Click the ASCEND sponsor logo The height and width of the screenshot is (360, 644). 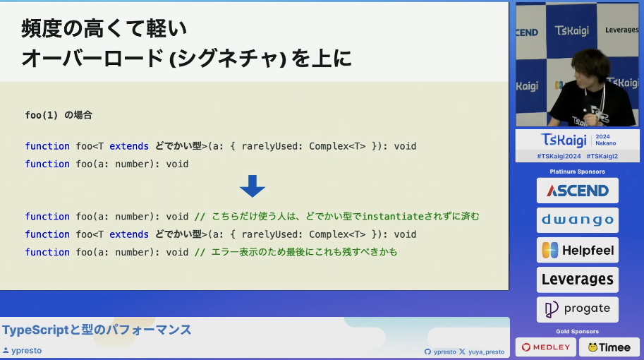point(577,191)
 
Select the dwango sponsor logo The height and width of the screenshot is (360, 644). point(577,220)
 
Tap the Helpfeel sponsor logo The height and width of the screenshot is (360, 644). point(577,250)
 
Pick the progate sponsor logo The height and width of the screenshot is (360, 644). point(577,309)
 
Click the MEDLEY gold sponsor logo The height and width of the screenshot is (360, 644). point(545,347)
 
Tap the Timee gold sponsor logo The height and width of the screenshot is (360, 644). point(609,347)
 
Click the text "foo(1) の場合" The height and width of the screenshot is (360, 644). point(59,114)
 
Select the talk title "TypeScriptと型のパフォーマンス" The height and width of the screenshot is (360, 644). point(97,330)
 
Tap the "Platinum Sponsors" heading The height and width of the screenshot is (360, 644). point(577,172)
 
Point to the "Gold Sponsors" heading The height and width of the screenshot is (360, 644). point(577,331)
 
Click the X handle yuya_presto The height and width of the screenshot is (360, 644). point(486,352)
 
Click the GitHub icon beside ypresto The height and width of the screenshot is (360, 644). point(427,352)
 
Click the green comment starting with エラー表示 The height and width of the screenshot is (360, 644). point(296,252)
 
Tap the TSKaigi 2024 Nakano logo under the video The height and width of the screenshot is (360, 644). point(577,139)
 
